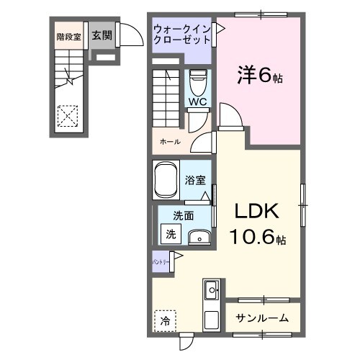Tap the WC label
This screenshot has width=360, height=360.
tap(197, 102)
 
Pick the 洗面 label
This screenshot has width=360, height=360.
tap(183, 215)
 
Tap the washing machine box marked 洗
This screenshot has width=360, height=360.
tap(171, 233)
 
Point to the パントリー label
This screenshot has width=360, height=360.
tap(161, 263)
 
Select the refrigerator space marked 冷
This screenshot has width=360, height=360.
tap(165, 320)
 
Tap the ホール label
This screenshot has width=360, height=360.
tap(171, 143)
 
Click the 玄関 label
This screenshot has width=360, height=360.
tap(102, 35)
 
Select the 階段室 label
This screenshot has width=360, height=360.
tap(68, 35)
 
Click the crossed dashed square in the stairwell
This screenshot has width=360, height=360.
tap(68, 115)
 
